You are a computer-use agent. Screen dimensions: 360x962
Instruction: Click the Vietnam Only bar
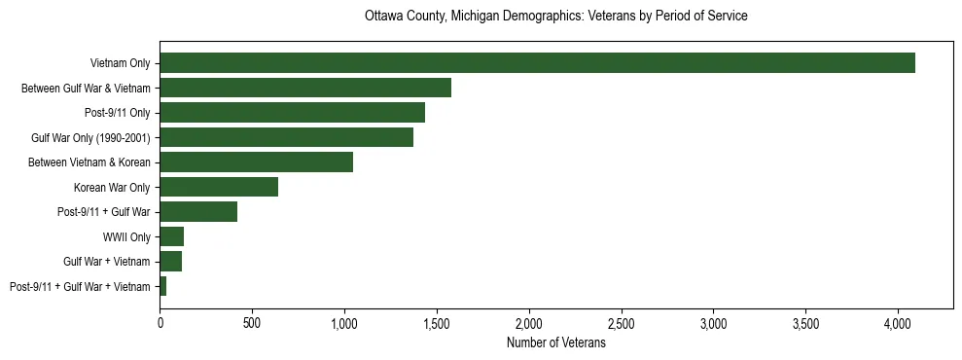tap(537, 63)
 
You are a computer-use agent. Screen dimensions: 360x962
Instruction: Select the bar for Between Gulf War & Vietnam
tap(305, 89)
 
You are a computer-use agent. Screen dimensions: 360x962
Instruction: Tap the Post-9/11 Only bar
tap(292, 113)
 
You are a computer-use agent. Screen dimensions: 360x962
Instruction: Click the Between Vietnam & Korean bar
tap(256, 162)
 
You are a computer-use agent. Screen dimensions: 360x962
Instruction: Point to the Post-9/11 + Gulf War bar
tap(198, 211)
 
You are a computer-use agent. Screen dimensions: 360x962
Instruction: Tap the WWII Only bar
tap(172, 236)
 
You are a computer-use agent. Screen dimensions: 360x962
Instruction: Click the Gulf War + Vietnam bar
tap(171, 261)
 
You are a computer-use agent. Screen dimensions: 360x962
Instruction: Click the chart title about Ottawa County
tap(555, 17)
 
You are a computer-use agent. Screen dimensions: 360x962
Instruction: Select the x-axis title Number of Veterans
tap(555, 343)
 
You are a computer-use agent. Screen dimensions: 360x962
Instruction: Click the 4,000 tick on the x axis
tap(898, 323)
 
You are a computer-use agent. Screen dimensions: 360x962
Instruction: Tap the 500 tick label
tap(252, 323)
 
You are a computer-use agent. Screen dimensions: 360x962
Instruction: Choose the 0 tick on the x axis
tap(160, 323)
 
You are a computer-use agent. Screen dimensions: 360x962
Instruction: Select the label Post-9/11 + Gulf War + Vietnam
tap(80, 286)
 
